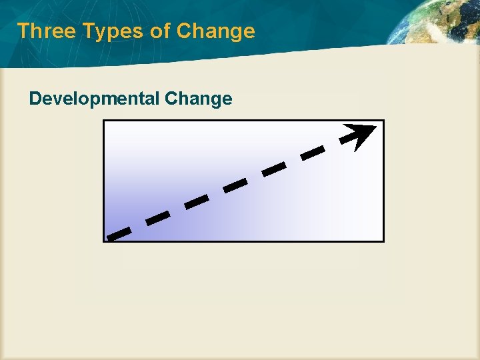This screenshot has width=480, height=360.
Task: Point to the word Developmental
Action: point(93,99)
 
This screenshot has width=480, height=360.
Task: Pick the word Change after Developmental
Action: point(198,99)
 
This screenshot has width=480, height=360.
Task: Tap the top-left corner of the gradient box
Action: point(104,121)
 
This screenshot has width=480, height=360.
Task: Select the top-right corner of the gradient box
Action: point(383,121)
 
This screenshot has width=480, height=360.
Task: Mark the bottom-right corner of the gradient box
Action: point(383,241)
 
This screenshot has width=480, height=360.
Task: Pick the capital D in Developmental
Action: point(35,99)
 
